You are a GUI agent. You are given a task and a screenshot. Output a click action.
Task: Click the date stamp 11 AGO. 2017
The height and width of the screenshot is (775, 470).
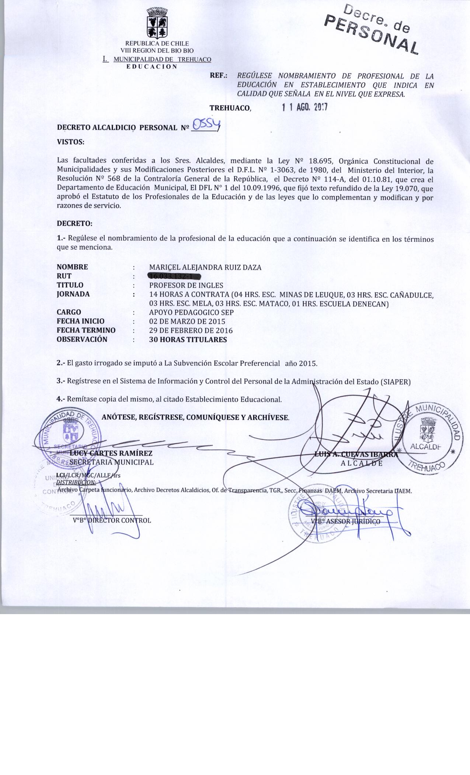tap(304, 107)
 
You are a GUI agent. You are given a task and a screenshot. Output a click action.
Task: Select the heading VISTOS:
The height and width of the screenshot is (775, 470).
tap(70, 142)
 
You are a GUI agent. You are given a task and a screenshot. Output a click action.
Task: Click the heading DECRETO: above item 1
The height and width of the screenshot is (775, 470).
tap(74, 224)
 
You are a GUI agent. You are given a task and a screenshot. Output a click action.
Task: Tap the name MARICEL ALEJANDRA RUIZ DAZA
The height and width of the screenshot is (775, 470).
tap(205, 268)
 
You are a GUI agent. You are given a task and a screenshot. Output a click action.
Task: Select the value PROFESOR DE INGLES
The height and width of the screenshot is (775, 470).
tap(186, 285)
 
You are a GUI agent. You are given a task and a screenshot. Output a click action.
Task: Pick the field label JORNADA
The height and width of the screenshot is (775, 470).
tap(73, 294)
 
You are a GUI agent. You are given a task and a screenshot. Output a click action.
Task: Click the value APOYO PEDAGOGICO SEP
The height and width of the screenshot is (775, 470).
tap(191, 312)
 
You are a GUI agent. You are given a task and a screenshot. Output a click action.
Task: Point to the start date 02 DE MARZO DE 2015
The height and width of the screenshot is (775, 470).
tap(187, 321)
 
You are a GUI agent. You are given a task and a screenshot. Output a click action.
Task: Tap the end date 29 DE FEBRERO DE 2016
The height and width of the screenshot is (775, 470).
tap(191, 330)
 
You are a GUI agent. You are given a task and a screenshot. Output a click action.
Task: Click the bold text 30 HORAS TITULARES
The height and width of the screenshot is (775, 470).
tap(188, 340)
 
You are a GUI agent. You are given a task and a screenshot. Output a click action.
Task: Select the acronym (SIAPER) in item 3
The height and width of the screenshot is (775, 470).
tap(395, 382)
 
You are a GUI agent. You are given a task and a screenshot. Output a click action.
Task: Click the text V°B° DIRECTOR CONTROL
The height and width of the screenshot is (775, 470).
tap(112, 520)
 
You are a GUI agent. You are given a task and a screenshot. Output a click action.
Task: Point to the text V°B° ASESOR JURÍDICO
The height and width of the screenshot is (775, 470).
tap(345, 521)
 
